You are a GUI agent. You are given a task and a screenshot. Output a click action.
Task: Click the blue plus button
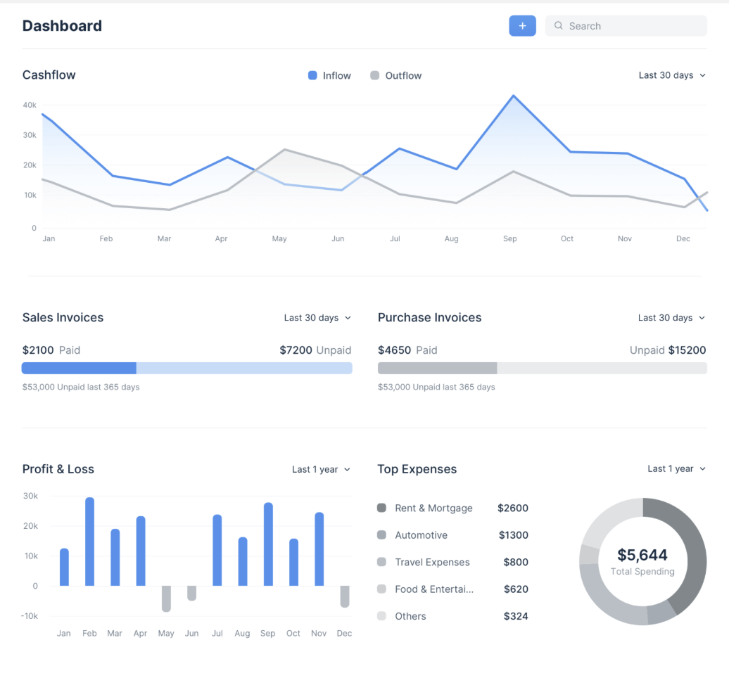(522, 26)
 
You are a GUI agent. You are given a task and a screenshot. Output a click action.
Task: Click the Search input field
(626, 26)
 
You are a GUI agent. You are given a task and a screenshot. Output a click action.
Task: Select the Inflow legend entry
(329, 76)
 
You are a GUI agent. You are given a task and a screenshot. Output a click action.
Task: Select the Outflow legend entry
(395, 76)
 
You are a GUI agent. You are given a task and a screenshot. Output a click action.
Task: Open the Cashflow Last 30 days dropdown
(672, 75)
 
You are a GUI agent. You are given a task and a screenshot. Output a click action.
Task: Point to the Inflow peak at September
(513, 96)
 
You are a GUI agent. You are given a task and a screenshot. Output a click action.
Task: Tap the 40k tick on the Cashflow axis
(30, 105)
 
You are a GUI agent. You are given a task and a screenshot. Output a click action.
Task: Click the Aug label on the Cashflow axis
(452, 239)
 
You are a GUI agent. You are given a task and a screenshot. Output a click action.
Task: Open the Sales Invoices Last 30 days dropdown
(317, 318)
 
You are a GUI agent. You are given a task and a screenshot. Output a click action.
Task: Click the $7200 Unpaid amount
(315, 350)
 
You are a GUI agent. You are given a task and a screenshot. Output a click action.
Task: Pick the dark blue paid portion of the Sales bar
(79, 368)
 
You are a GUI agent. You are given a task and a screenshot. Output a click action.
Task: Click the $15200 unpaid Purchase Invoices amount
(687, 350)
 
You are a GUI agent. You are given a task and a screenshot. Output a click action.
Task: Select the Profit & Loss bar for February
(90, 542)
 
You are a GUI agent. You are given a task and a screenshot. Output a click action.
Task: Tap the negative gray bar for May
(166, 598)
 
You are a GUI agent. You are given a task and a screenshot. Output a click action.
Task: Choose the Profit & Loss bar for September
(268, 544)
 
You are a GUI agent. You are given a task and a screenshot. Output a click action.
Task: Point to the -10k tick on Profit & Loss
(30, 616)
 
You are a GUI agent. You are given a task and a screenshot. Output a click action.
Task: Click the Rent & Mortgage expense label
(433, 508)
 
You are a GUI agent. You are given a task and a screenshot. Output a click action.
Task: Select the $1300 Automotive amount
(513, 535)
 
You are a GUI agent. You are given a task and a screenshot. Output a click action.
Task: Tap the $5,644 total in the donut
(642, 555)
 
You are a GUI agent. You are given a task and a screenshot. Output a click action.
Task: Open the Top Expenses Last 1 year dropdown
(676, 469)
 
